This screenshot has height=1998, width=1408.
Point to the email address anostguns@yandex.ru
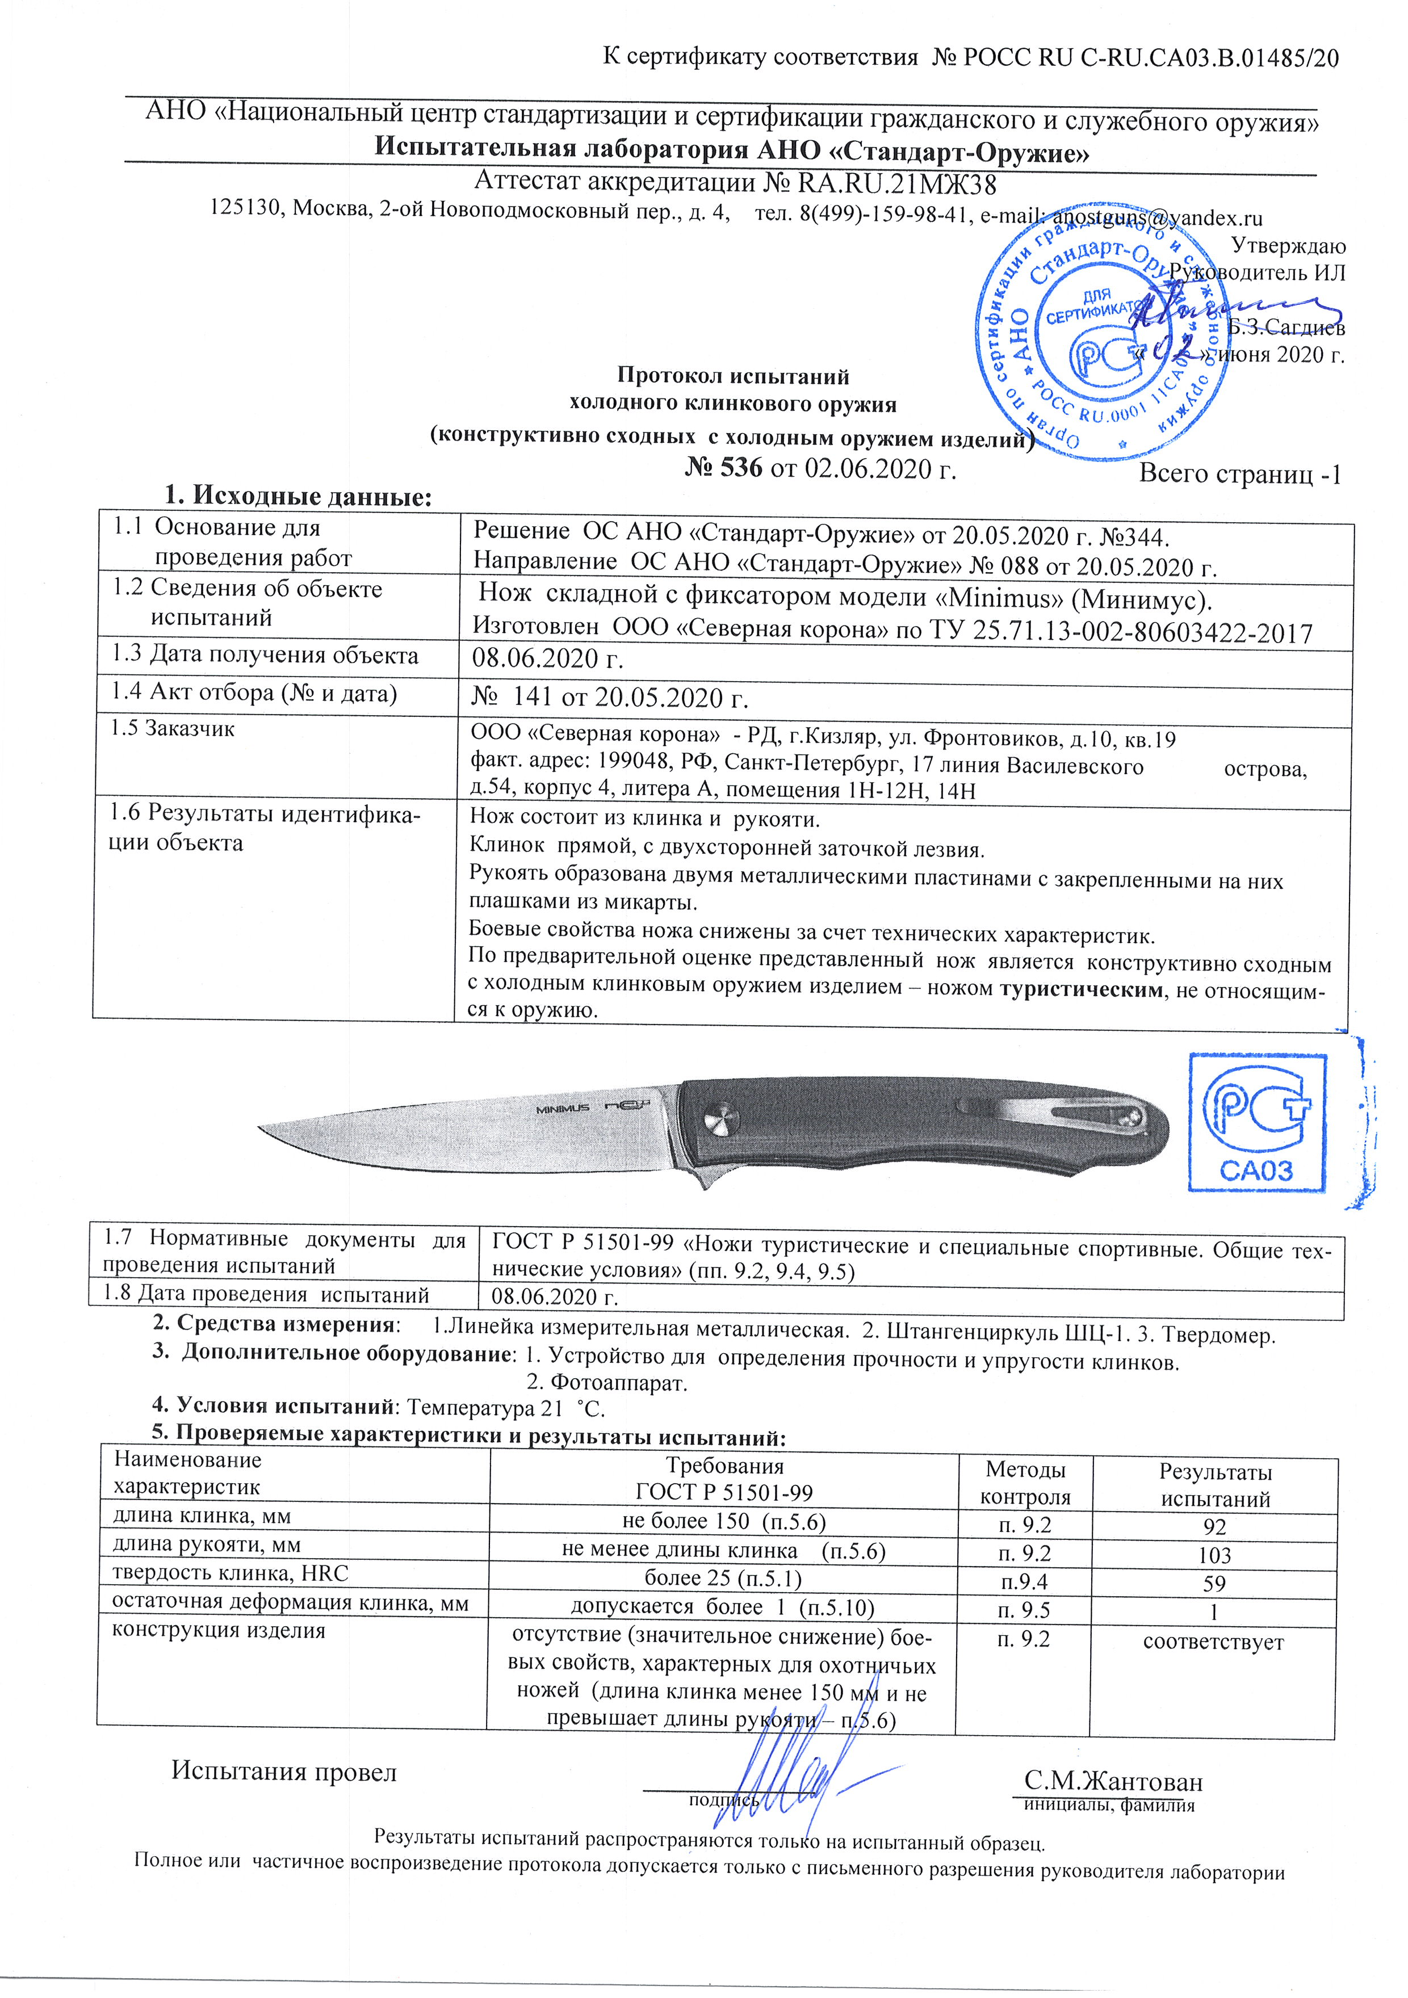click(x=1158, y=217)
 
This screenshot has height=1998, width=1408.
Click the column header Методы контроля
click(x=1025, y=1484)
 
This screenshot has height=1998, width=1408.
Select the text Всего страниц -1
click(x=1240, y=475)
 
